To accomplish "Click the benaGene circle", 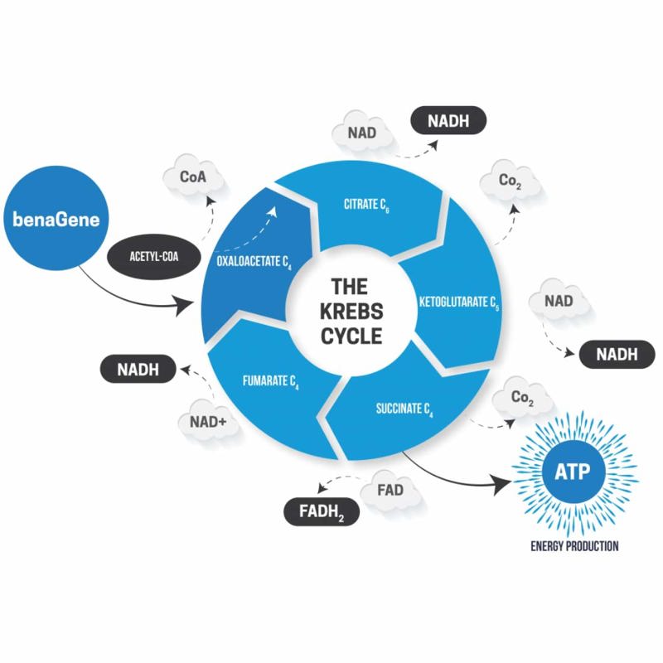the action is point(56,218).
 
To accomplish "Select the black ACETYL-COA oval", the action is point(154,257).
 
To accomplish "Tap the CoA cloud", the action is point(194,177).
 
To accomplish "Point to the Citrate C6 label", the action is point(366,206).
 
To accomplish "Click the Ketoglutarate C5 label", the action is point(459,302).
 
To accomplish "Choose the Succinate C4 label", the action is point(404,409).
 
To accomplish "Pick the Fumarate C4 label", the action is point(271,381).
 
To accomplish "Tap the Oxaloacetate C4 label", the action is point(254,262).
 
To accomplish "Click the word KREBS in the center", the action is point(351,312).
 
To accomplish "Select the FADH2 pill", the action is point(322,511).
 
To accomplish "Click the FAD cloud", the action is point(390,491).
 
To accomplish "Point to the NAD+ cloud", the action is point(208,422).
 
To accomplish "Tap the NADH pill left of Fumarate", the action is point(138,369).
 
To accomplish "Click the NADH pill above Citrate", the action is point(448,120).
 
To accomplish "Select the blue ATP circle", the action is point(572,472).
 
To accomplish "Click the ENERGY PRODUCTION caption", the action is point(574,546).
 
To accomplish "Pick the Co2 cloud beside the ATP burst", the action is point(523,398).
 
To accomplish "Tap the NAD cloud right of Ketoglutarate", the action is point(559,301).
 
